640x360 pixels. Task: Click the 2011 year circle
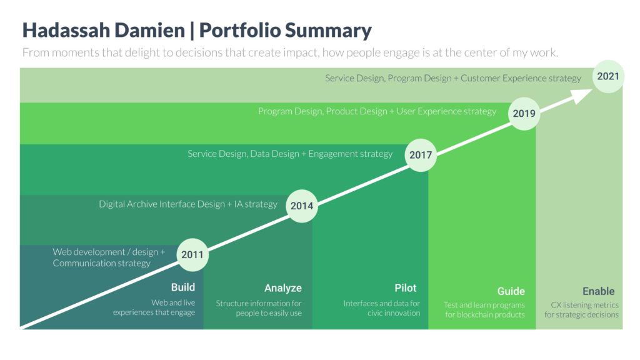(192, 255)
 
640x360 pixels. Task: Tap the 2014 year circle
(302, 206)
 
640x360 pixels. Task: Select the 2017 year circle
(421, 155)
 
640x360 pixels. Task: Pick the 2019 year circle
(524, 114)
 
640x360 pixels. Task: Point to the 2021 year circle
(608, 76)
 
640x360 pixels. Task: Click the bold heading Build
(183, 287)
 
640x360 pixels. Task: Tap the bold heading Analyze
(283, 288)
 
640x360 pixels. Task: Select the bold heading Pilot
(405, 288)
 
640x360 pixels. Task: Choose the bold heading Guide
(511, 291)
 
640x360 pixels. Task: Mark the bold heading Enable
(598, 291)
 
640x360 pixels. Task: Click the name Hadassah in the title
(66, 30)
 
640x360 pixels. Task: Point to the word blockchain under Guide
(476, 315)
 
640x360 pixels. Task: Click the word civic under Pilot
(374, 313)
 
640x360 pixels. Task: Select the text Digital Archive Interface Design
(162, 204)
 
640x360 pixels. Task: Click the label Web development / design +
(109, 252)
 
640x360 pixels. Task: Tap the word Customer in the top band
(480, 78)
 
